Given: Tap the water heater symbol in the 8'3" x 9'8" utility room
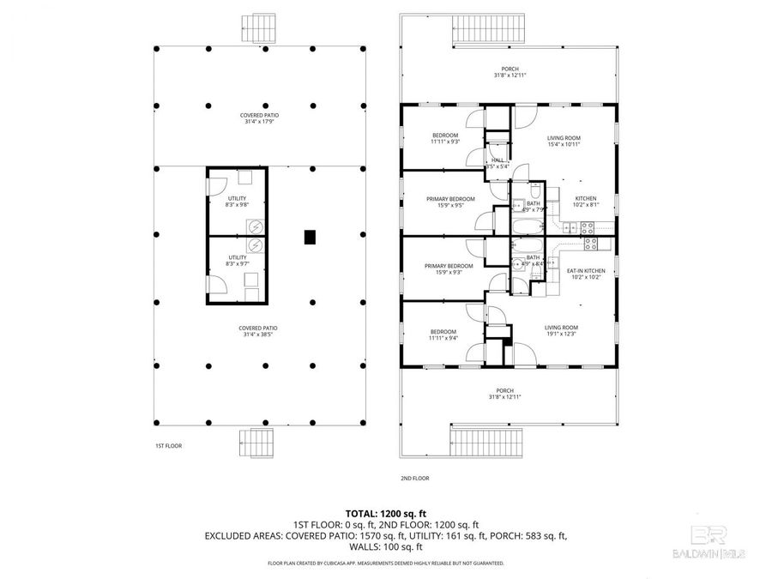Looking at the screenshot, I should (x=255, y=226).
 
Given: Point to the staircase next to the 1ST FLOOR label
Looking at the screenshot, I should (x=256, y=443).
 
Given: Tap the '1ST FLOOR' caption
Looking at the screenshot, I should (x=168, y=446).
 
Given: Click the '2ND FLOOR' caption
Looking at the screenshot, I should (x=414, y=478).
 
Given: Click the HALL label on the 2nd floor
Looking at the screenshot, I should (x=498, y=163).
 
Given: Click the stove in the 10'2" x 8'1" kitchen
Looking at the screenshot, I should (x=588, y=228).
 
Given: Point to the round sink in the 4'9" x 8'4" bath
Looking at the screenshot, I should (x=519, y=266).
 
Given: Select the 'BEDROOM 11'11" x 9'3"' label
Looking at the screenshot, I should (x=445, y=138).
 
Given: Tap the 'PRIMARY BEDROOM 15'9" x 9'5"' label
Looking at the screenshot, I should (x=450, y=202).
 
